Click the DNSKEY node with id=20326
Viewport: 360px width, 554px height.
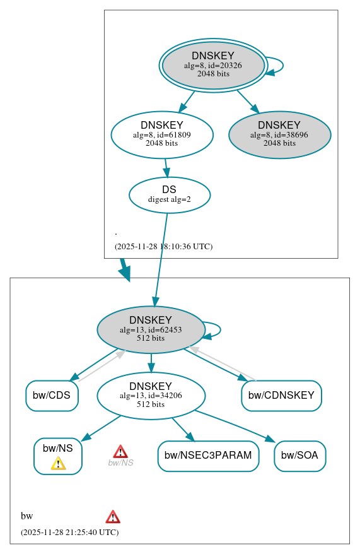pyautogui.click(x=213, y=65)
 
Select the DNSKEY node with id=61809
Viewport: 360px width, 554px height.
pyautogui.click(x=162, y=134)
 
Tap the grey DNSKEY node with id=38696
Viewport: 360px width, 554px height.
pyautogui.click(x=279, y=134)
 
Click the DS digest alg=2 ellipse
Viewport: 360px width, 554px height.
pyautogui.click(x=169, y=194)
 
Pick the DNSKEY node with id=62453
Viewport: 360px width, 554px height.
pyautogui.click(x=151, y=329)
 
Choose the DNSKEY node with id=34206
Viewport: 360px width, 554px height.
pyautogui.click(x=151, y=396)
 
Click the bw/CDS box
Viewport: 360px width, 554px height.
pyautogui.click(x=52, y=396)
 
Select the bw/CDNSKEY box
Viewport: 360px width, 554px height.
pyautogui.click(x=281, y=396)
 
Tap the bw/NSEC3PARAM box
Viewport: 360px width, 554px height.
pyautogui.click(x=208, y=456)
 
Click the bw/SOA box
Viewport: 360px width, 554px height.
pyautogui.click(x=299, y=456)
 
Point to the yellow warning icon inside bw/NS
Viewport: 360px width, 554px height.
pyautogui.click(x=58, y=464)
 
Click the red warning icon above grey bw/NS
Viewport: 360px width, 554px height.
pyautogui.click(x=120, y=451)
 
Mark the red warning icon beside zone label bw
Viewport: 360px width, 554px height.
pyautogui.click(x=113, y=517)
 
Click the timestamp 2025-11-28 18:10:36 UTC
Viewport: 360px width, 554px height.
pyautogui.click(x=163, y=247)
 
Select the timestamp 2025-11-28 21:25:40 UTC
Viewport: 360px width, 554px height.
pyautogui.click(x=69, y=533)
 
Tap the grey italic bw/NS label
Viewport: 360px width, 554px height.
pyautogui.click(x=120, y=463)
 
